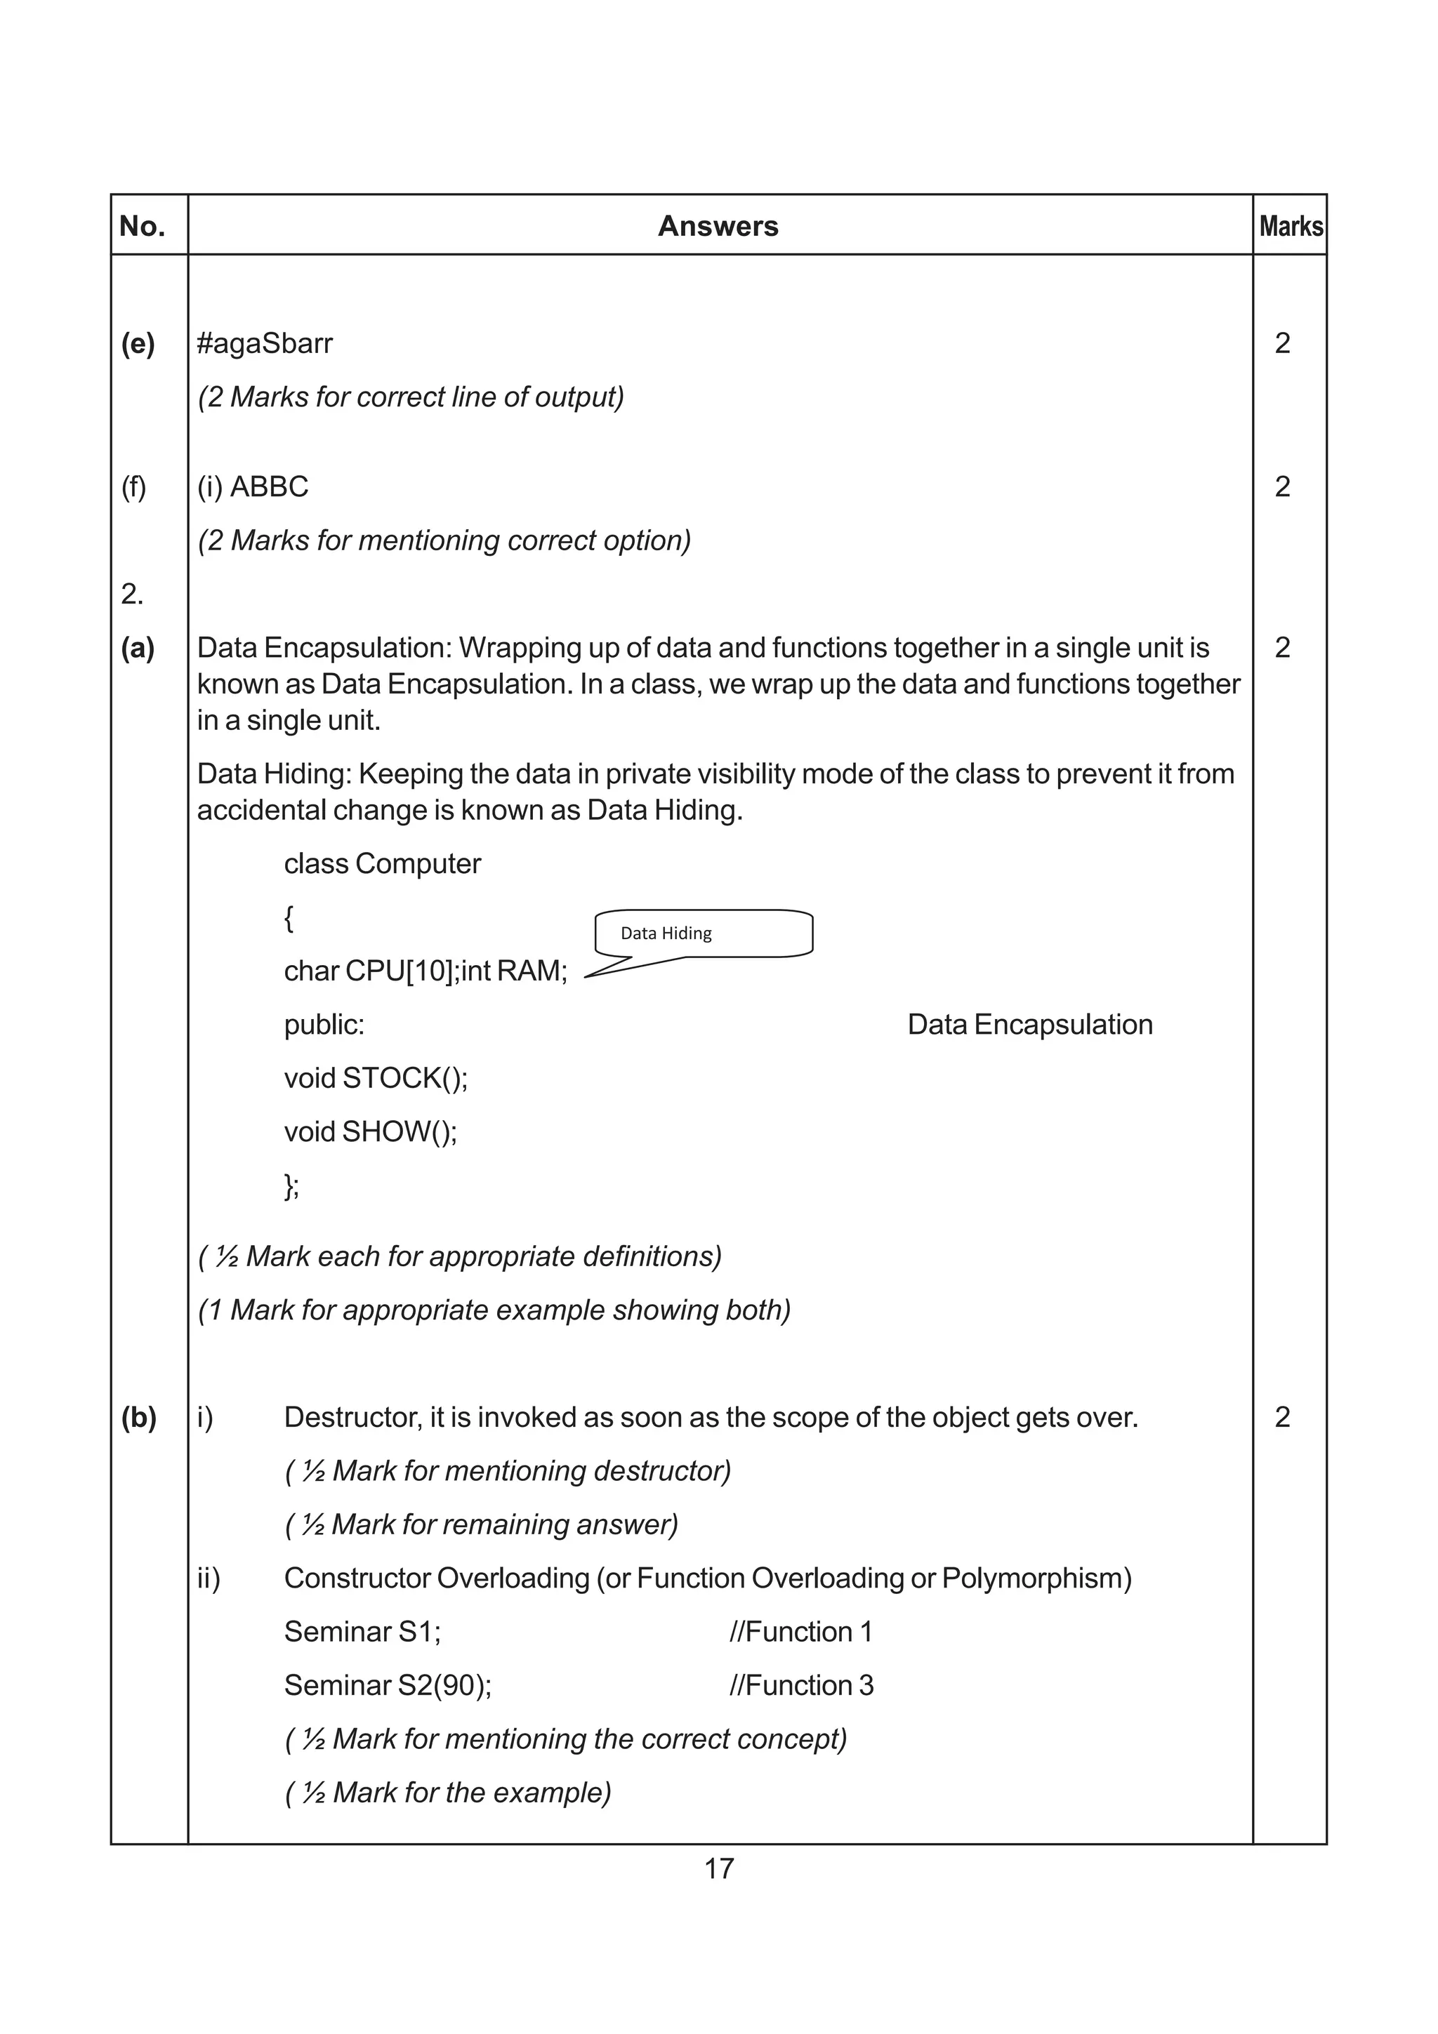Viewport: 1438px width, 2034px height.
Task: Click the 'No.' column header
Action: [x=143, y=227]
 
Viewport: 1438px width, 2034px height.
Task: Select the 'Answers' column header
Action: [x=718, y=227]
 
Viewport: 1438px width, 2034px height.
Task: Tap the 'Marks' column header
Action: [x=1290, y=227]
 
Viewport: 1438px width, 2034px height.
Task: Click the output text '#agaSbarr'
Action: [x=265, y=344]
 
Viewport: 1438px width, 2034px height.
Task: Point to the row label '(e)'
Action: [x=138, y=344]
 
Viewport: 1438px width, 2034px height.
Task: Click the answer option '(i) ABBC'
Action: [x=253, y=487]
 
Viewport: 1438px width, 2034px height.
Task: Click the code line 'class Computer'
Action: [x=382, y=864]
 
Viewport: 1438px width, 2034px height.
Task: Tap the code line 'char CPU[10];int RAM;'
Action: [x=426, y=971]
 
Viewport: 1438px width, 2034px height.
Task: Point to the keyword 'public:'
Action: [x=324, y=1025]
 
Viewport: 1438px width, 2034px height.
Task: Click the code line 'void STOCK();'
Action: [x=376, y=1078]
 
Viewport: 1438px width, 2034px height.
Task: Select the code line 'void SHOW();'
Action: [x=370, y=1132]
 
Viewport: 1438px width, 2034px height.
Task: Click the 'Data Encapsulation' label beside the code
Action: [x=1029, y=1025]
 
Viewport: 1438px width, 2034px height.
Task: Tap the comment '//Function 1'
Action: [x=801, y=1632]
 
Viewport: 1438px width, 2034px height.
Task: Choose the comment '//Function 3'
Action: [x=801, y=1686]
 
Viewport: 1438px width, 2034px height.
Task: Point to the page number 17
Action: [x=718, y=1868]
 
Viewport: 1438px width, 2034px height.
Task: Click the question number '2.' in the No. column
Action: [x=132, y=594]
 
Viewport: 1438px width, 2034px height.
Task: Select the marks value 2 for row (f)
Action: [x=1282, y=487]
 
